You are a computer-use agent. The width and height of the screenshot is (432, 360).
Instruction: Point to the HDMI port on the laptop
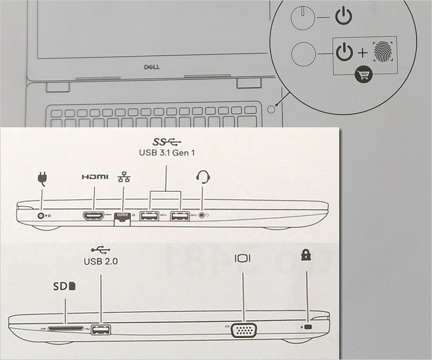pos(93,216)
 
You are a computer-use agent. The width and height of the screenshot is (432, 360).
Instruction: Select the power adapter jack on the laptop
pos(41,215)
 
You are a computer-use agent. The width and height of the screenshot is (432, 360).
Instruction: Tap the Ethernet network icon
pos(122,178)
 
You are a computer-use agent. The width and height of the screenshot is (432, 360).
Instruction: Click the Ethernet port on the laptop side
pos(122,218)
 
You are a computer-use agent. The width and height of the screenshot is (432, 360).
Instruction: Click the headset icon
pos(202,176)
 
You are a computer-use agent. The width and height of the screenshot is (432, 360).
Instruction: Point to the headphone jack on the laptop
pos(202,216)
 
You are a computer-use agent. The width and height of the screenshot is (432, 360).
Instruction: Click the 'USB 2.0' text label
pos(101,261)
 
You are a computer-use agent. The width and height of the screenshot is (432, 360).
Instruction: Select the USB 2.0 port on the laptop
pos(101,329)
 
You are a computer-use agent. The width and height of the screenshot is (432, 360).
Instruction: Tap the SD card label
pos(65,285)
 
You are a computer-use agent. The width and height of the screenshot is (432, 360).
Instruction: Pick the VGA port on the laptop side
pos(244,329)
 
